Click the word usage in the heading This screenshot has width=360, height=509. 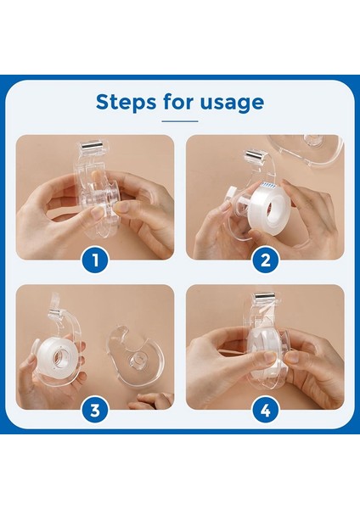pyautogui.click(x=232, y=103)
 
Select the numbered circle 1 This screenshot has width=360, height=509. pyautogui.click(x=95, y=260)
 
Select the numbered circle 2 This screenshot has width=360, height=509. pyautogui.click(x=266, y=260)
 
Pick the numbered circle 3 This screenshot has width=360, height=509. pyautogui.click(x=95, y=411)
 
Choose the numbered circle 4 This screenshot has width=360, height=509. pyautogui.click(x=266, y=411)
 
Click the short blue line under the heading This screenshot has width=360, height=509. pyautogui.click(x=180, y=121)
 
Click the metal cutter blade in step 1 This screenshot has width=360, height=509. pyautogui.click(x=92, y=145)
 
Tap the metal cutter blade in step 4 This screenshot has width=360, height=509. pyautogui.click(x=265, y=297)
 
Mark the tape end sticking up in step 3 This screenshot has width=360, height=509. pyautogui.click(x=55, y=301)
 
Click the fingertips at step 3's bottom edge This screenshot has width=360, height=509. pyautogui.click(x=151, y=401)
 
